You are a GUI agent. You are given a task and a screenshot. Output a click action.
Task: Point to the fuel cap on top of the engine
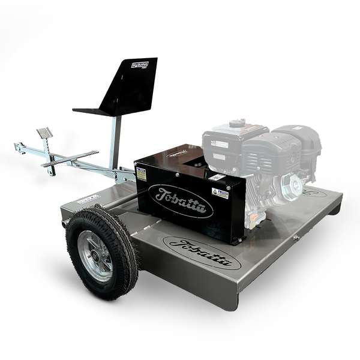[x=237, y=123]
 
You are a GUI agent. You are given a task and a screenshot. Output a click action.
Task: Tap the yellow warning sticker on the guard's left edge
[x=141, y=174]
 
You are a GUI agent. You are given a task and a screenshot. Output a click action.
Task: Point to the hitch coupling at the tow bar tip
[x=20, y=148]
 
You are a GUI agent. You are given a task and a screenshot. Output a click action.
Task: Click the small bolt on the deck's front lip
[x=296, y=238]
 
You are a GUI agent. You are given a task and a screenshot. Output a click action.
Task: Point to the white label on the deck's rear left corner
[x=88, y=198]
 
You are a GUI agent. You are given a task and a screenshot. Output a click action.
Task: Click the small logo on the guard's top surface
[x=178, y=153]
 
